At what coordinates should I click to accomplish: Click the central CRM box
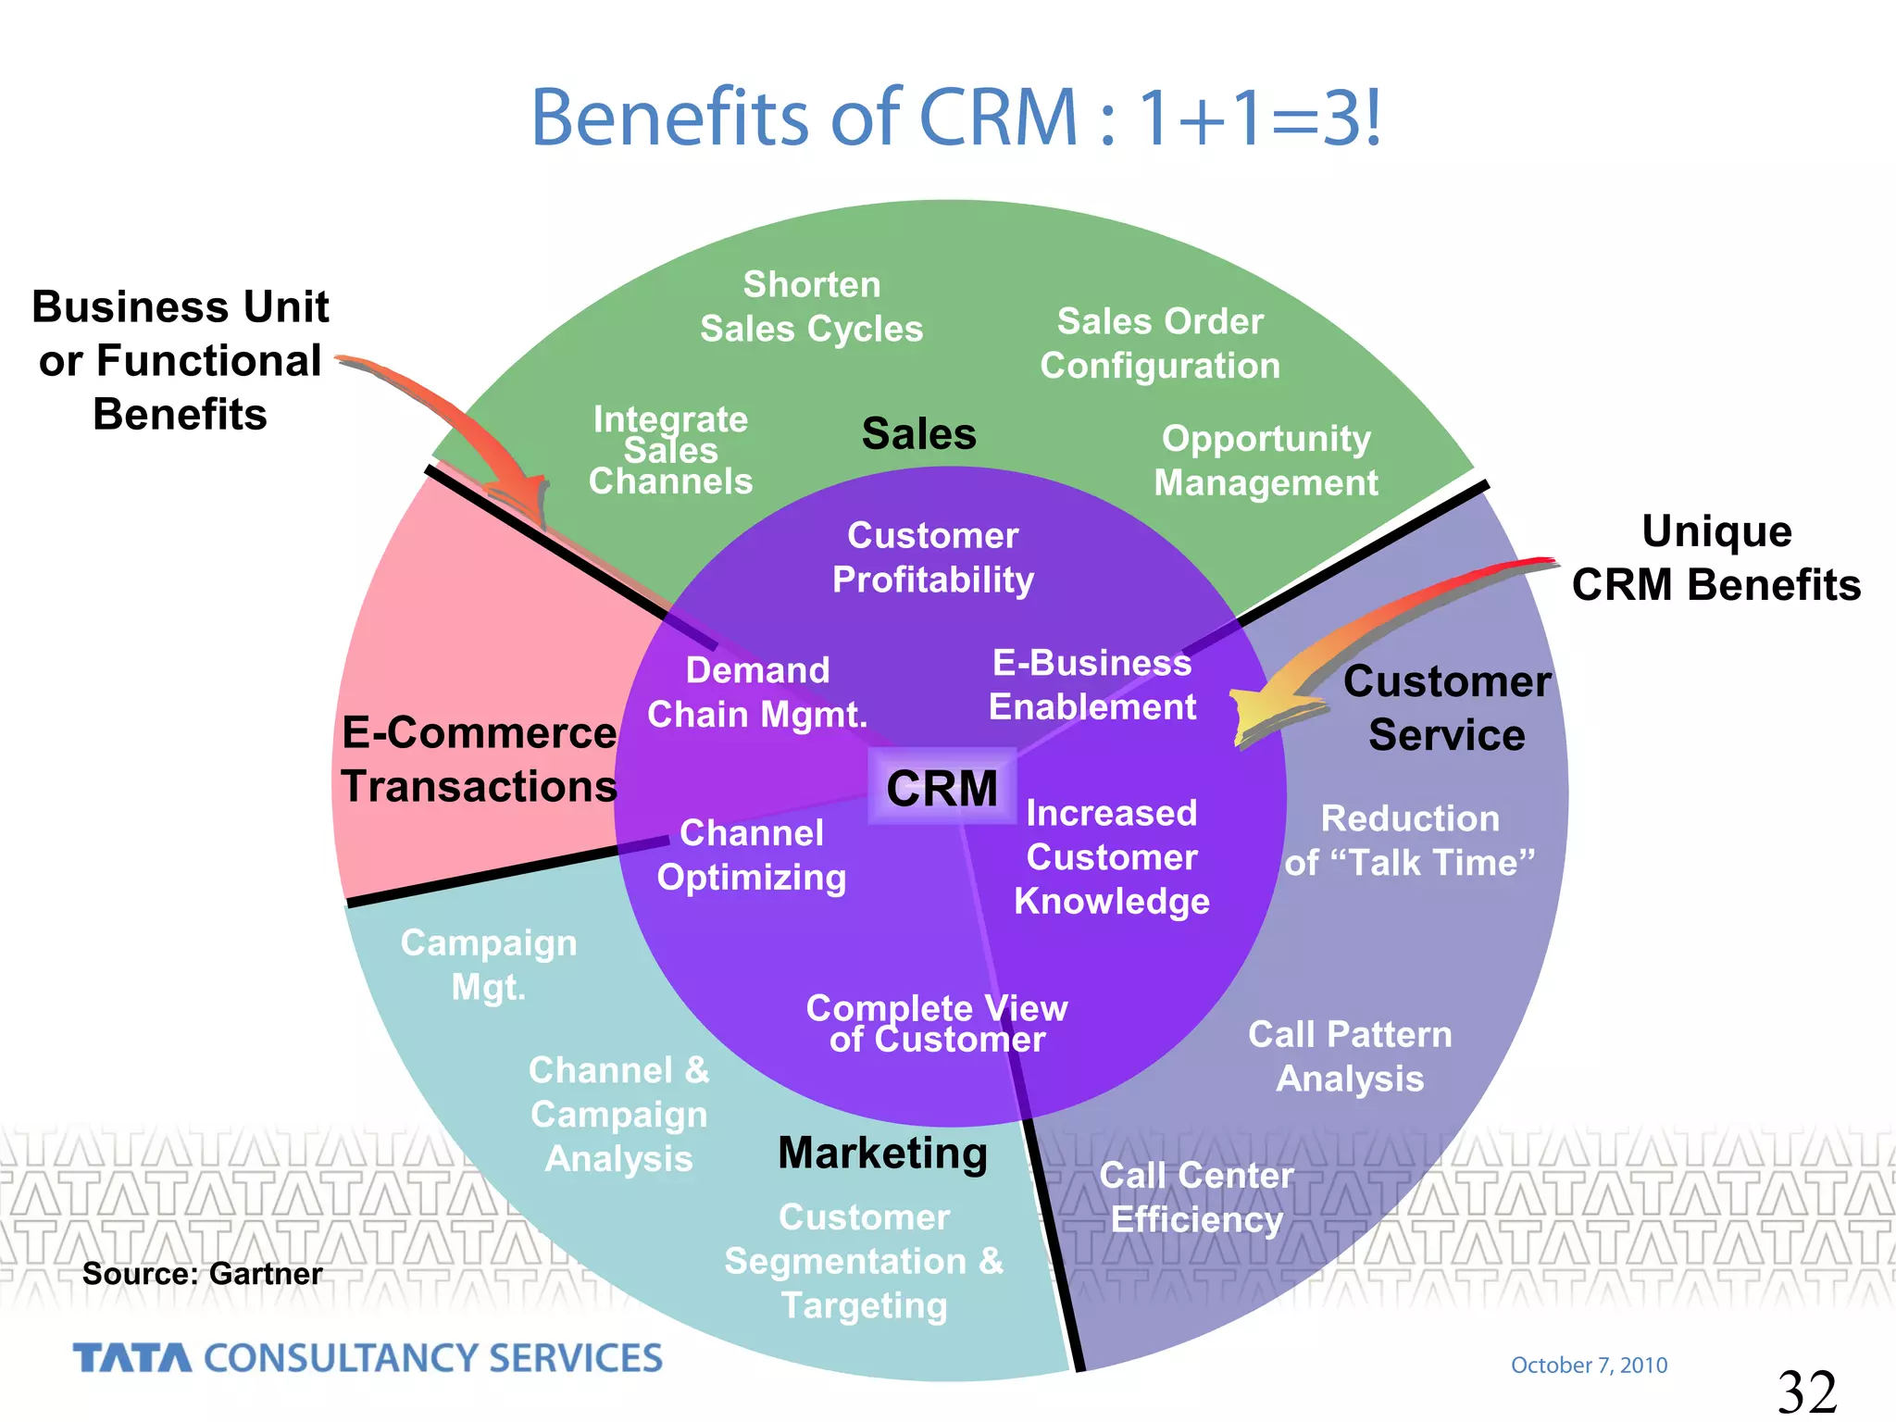click(x=942, y=788)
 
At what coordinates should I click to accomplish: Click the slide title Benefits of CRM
click(x=955, y=118)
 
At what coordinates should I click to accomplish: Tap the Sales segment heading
click(x=918, y=433)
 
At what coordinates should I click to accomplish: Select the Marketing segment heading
click(x=882, y=1153)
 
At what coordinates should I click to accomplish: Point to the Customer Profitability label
click(x=932, y=557)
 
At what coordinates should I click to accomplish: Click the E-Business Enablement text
click(x=1092, y=685)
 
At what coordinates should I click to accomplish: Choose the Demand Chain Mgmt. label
click(x=757, y=692)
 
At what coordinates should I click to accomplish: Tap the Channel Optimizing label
click(x=751, y=854)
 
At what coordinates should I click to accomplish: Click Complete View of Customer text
click(x=937, y=1023)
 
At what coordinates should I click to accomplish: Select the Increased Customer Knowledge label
click(x=1111, y=857)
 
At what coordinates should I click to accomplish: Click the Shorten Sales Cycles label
click(x=811, y=306)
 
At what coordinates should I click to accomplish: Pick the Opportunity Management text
click(x=1266, y=460)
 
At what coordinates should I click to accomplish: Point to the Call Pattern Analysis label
click(x=1350, y=1056)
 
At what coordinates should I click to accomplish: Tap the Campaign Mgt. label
click(x=489, y=965)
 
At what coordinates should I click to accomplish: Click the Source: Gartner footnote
click(x=202, y=1274)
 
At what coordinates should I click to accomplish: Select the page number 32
click(x=1806, y=1391)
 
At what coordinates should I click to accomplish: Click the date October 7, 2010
click(x=1589, y=1365)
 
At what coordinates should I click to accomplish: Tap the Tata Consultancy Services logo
click(x=368, y=1358)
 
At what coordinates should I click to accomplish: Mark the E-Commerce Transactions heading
click(x=479, y=759)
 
